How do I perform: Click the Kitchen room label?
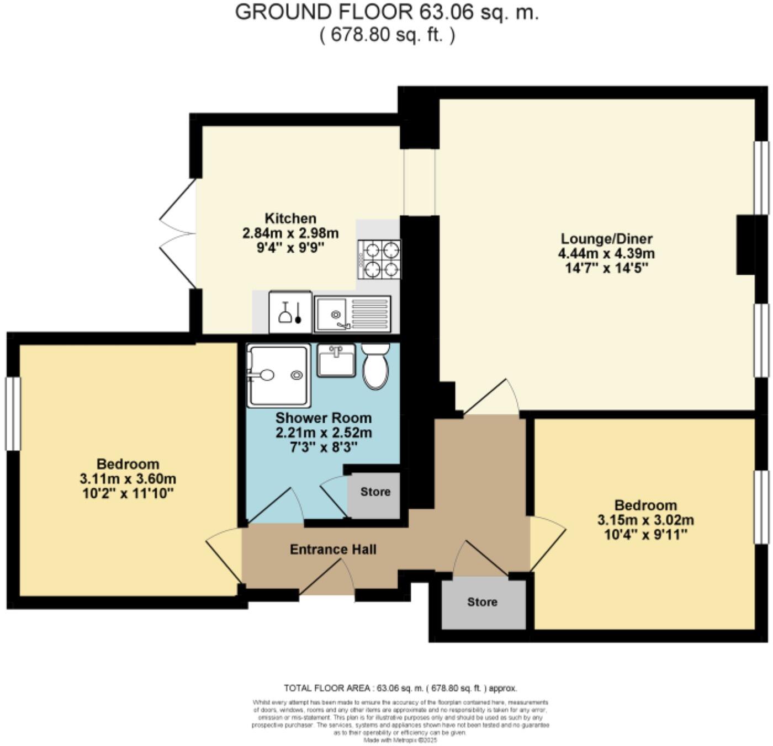[290, 218]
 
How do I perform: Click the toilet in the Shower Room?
[376, 366]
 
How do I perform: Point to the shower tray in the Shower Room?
[278, 376]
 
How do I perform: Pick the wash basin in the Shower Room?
[336, 361]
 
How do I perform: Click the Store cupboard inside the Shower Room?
[375, 493]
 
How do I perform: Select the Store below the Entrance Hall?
[483, 603]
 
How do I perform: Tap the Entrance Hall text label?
[333, 550]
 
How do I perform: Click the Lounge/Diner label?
[606, 239]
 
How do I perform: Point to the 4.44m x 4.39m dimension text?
[606, 254]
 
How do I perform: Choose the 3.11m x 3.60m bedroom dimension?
[128, 479]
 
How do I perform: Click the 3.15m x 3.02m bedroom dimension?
[645, 520]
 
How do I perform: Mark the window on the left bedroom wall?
[13, 413]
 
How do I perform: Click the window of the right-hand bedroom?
[762, 507]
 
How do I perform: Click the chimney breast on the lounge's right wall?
[746, 244]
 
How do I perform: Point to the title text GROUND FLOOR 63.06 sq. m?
[386, 12]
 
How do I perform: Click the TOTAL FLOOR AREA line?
[400, 688]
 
